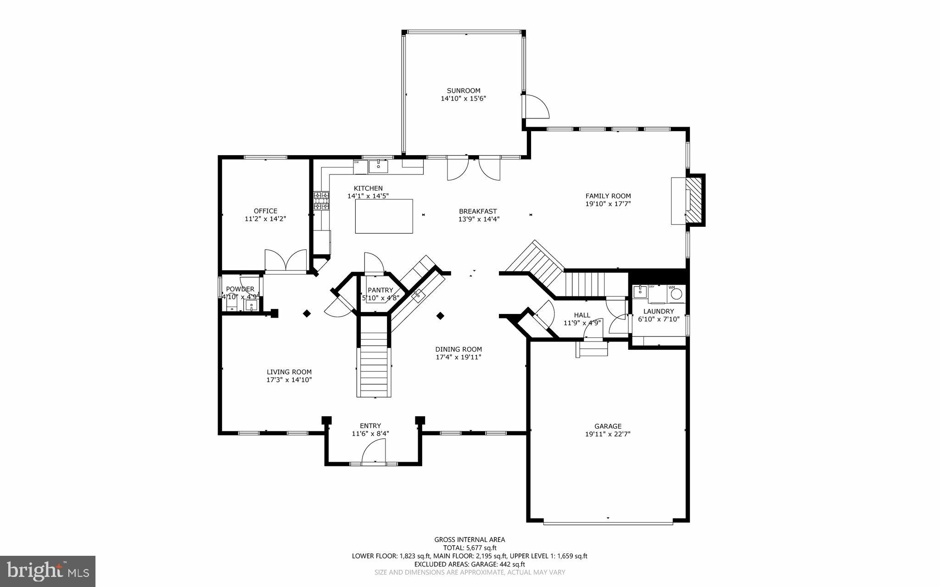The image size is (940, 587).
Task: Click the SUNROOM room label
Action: [x=463, y=90]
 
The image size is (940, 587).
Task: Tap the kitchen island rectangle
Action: [x=384, y=216]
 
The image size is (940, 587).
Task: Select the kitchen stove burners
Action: [x=321, y=201]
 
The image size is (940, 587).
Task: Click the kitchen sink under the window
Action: [x=378, y=166]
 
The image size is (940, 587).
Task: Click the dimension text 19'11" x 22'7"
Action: [x=608, y=434]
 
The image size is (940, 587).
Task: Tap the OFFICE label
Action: [x=265, y=211]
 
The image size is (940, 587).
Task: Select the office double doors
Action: [x=285, y=261]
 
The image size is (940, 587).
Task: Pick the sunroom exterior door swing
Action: [x=536, y=106]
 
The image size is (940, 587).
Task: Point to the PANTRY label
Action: [x=380, y=290]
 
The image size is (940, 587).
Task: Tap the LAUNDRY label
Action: [x=658, y=311]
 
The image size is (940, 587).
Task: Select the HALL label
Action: [x=582, y=315]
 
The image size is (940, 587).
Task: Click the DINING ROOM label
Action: [x=458, y=349]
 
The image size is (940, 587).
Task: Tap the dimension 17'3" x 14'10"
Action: [x=289, y=380]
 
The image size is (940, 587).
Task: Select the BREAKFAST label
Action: [x=478, y=211]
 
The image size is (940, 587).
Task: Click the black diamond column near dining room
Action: [x=440, y=316]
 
